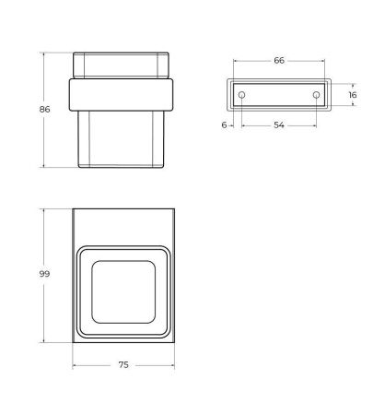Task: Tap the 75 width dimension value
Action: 122,365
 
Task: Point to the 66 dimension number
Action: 279,60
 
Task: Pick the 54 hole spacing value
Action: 279,125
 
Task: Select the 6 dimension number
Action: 224,125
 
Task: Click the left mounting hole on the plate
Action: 241,94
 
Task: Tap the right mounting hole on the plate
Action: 316,94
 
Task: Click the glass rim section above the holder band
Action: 122,66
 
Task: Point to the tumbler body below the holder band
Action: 122,138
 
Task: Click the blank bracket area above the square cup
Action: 122,226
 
